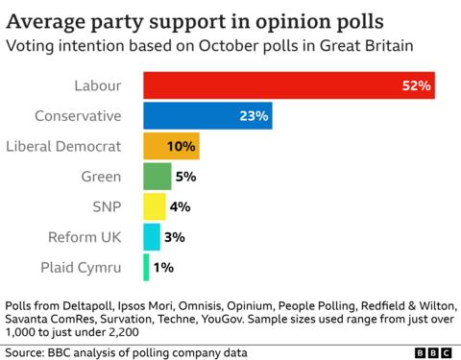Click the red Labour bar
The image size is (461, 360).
pos(288,86)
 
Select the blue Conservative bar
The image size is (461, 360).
pos(206,116)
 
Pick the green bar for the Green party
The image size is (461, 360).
pos(157,177)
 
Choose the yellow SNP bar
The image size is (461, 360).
pos(154,206)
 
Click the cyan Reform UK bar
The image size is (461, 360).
pos(151,236)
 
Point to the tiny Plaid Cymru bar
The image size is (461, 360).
pos(146,267)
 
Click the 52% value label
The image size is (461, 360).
pos(417,86)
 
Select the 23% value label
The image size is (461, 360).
pos(253,116)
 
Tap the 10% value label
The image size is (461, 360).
pos(182,147)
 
